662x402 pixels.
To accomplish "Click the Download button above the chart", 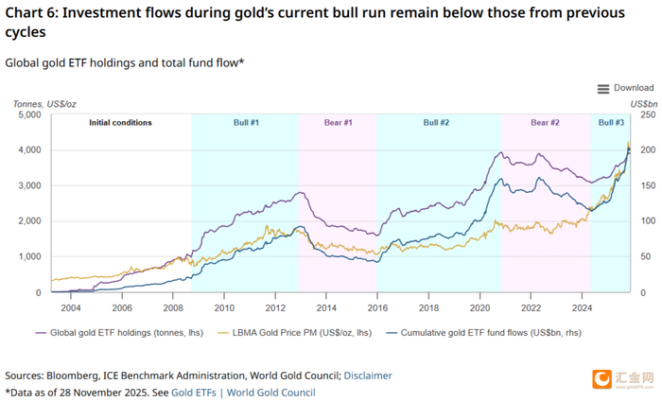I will [625, 88].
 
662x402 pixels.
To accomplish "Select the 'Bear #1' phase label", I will [339, 123].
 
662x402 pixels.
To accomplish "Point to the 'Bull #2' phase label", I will [436, 123].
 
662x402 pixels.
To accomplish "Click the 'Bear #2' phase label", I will [545, 123].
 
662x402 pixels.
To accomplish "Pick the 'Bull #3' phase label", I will [611, 123].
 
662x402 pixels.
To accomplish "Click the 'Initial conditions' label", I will [120, 123].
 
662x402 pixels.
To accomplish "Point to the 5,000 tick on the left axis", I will [30, 115].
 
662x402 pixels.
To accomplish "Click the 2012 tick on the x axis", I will [274, 308].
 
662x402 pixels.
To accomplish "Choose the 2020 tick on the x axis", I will [479, 308].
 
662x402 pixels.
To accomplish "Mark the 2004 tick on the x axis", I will [70, 308].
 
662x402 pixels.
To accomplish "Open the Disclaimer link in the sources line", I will [367, 375].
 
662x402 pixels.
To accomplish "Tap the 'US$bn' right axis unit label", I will [643, 102].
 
